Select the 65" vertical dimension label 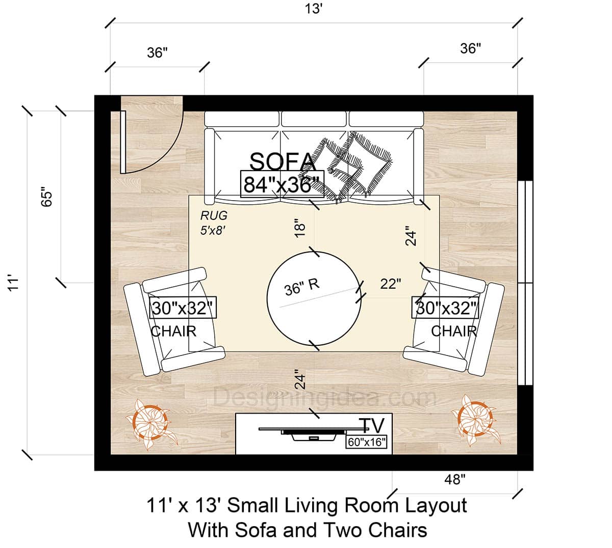click(x=47, y=197)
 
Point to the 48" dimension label click(x=454, y=479)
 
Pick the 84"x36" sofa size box click(x=282, y=184)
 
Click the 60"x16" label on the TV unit click(x=366, y=442)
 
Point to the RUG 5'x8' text click(x=214, y=223)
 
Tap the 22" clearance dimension click(x=391, y=284)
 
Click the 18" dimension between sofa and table click(x=300, y=227)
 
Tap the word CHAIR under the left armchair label click(x=173, y=331)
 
